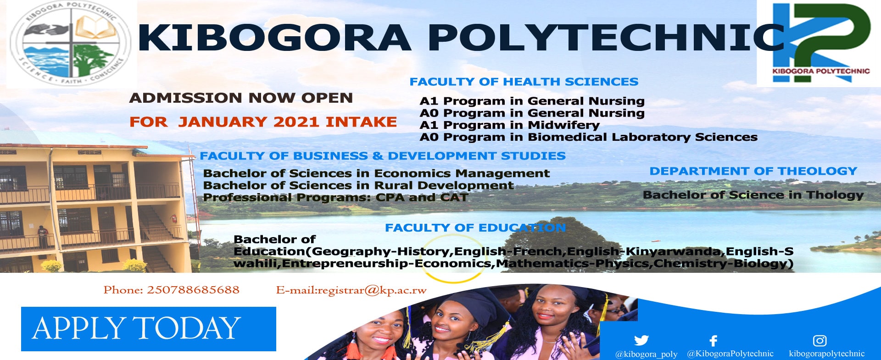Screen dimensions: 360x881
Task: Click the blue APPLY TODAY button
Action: (148, 329)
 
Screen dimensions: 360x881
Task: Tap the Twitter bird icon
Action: (641, 340)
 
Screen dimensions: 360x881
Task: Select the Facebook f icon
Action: (713, 341)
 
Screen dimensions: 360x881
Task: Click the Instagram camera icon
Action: (820, 340)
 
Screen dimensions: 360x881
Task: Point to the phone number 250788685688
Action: (193, 290)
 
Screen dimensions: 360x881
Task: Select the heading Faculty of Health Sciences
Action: (524, 82)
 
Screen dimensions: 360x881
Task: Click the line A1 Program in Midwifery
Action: (509, 125)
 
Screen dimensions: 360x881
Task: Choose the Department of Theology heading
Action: (753, 171)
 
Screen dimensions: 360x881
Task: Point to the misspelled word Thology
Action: (835, 195)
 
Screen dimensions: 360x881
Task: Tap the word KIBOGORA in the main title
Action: (274, 38)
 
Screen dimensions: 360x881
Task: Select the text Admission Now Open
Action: (241, 98)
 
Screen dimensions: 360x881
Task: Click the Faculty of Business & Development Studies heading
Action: (382, 156)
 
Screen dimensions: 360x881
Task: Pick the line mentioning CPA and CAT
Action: (335, 198)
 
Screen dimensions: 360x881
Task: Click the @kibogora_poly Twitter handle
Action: (646, 354)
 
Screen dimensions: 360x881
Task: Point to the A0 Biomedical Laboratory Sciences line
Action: (588, 137)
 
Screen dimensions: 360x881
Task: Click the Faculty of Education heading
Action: (475, 227)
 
